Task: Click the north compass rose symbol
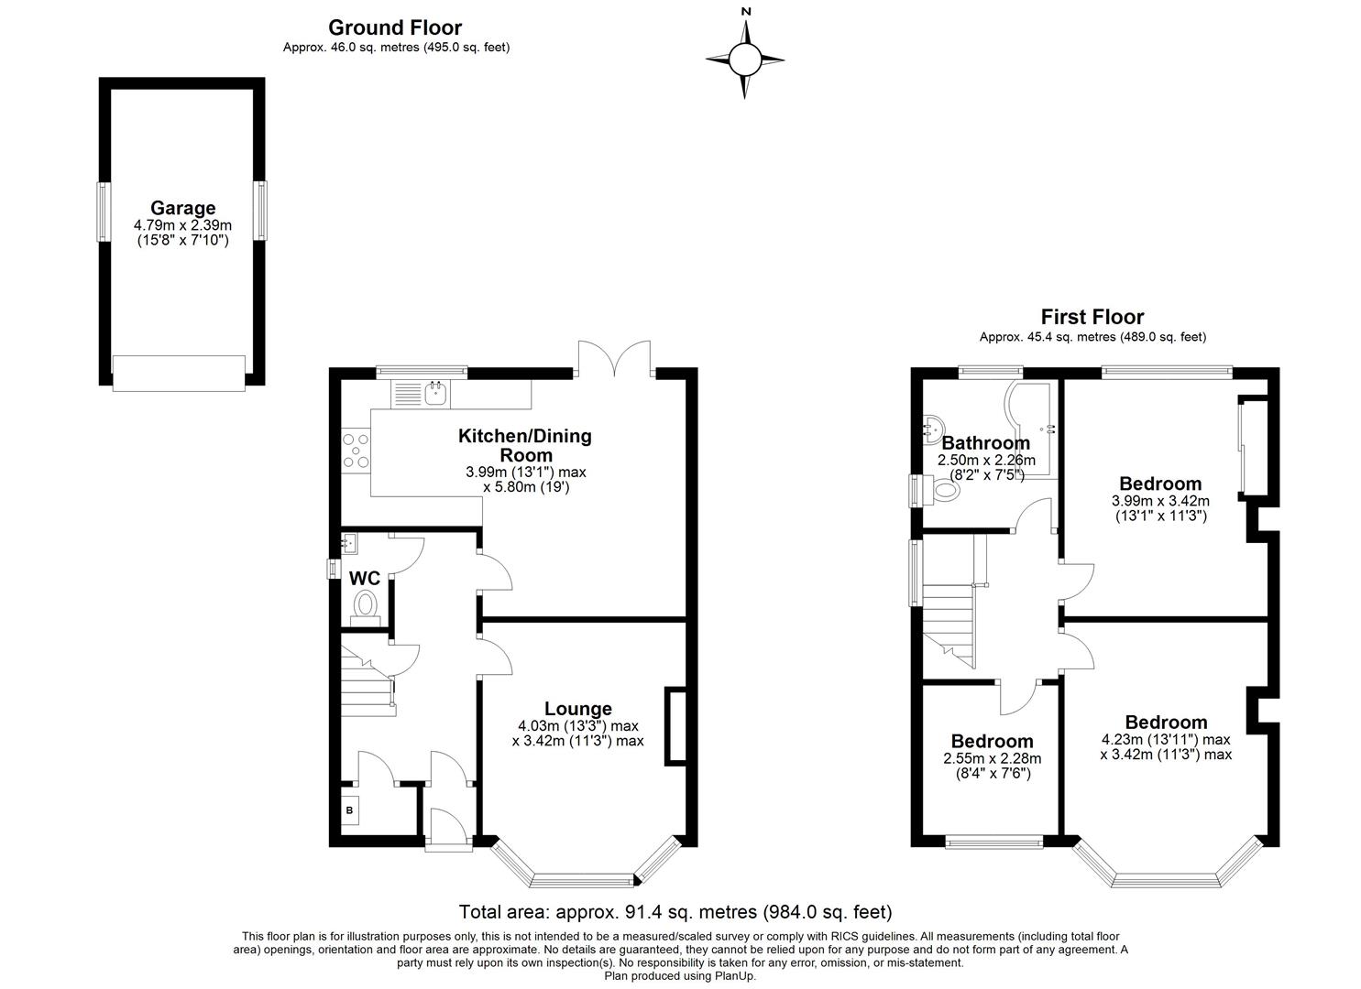point(745,60)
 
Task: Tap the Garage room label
point(183,208)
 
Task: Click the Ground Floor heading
point(395,28)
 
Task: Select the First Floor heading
point(1092,317)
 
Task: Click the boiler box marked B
point(349,810)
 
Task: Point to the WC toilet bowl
point(366,604)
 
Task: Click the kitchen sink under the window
point(436,394)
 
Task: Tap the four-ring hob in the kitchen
point(356,451)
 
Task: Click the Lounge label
point(577,708)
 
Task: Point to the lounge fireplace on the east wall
point(675,725)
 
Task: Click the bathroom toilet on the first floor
point(942,491)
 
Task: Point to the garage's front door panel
point(179,373)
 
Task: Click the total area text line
point(675,912)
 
